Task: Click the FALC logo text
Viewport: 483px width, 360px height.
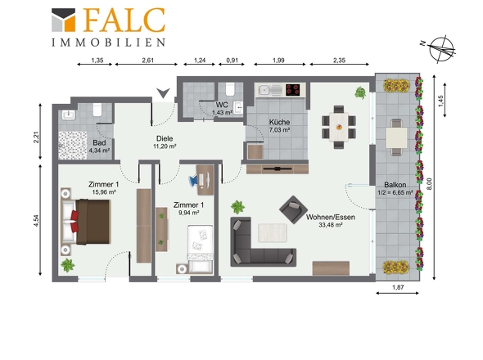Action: pyautogui.click(x=124, y=20)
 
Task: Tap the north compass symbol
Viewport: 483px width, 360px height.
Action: pyautogui.click(x=440, y=49)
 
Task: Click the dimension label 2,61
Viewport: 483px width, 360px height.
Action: pyautogui.click(x=148, y=61)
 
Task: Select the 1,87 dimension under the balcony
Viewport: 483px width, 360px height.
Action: pyautogui.click(x=398, y=287)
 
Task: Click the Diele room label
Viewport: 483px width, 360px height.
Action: pyautogui.click(x=165, y=138)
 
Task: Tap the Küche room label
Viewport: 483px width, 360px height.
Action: pyautogui.click(x=279, y=122)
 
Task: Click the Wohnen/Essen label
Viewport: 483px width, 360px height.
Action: pyautogui.click(x=331, y=217)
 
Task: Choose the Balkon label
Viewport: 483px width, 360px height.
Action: pyautogui.click(x=395, y=185)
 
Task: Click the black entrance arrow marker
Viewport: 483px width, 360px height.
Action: pyautogui.click(x=163, y=92)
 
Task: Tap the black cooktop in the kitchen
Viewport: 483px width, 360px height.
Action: pyautogui.click(x=293, y=90)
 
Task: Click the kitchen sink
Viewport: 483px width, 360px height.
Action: pyautogui.click(x=270, y=90)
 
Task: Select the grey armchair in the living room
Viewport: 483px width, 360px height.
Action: pyautogui.click(x=294, y=209)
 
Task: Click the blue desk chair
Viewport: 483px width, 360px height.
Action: pyautogui.click(x=194, y=181)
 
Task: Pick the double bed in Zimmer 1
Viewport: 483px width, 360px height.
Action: pyautogui.click(x=86, y=222)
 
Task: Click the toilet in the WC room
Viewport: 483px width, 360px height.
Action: pyautogui.click(x=230, y=88)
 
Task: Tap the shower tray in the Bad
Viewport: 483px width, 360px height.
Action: pyautogui.click(x=73, y=146)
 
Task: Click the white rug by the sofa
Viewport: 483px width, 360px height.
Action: pyautogui.click(x=273, y=233)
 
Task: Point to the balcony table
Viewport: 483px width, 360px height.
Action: pyautogui.click(x=396, y=137)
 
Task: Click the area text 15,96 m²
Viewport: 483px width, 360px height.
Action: pyautogui.click(x=104, y=192)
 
